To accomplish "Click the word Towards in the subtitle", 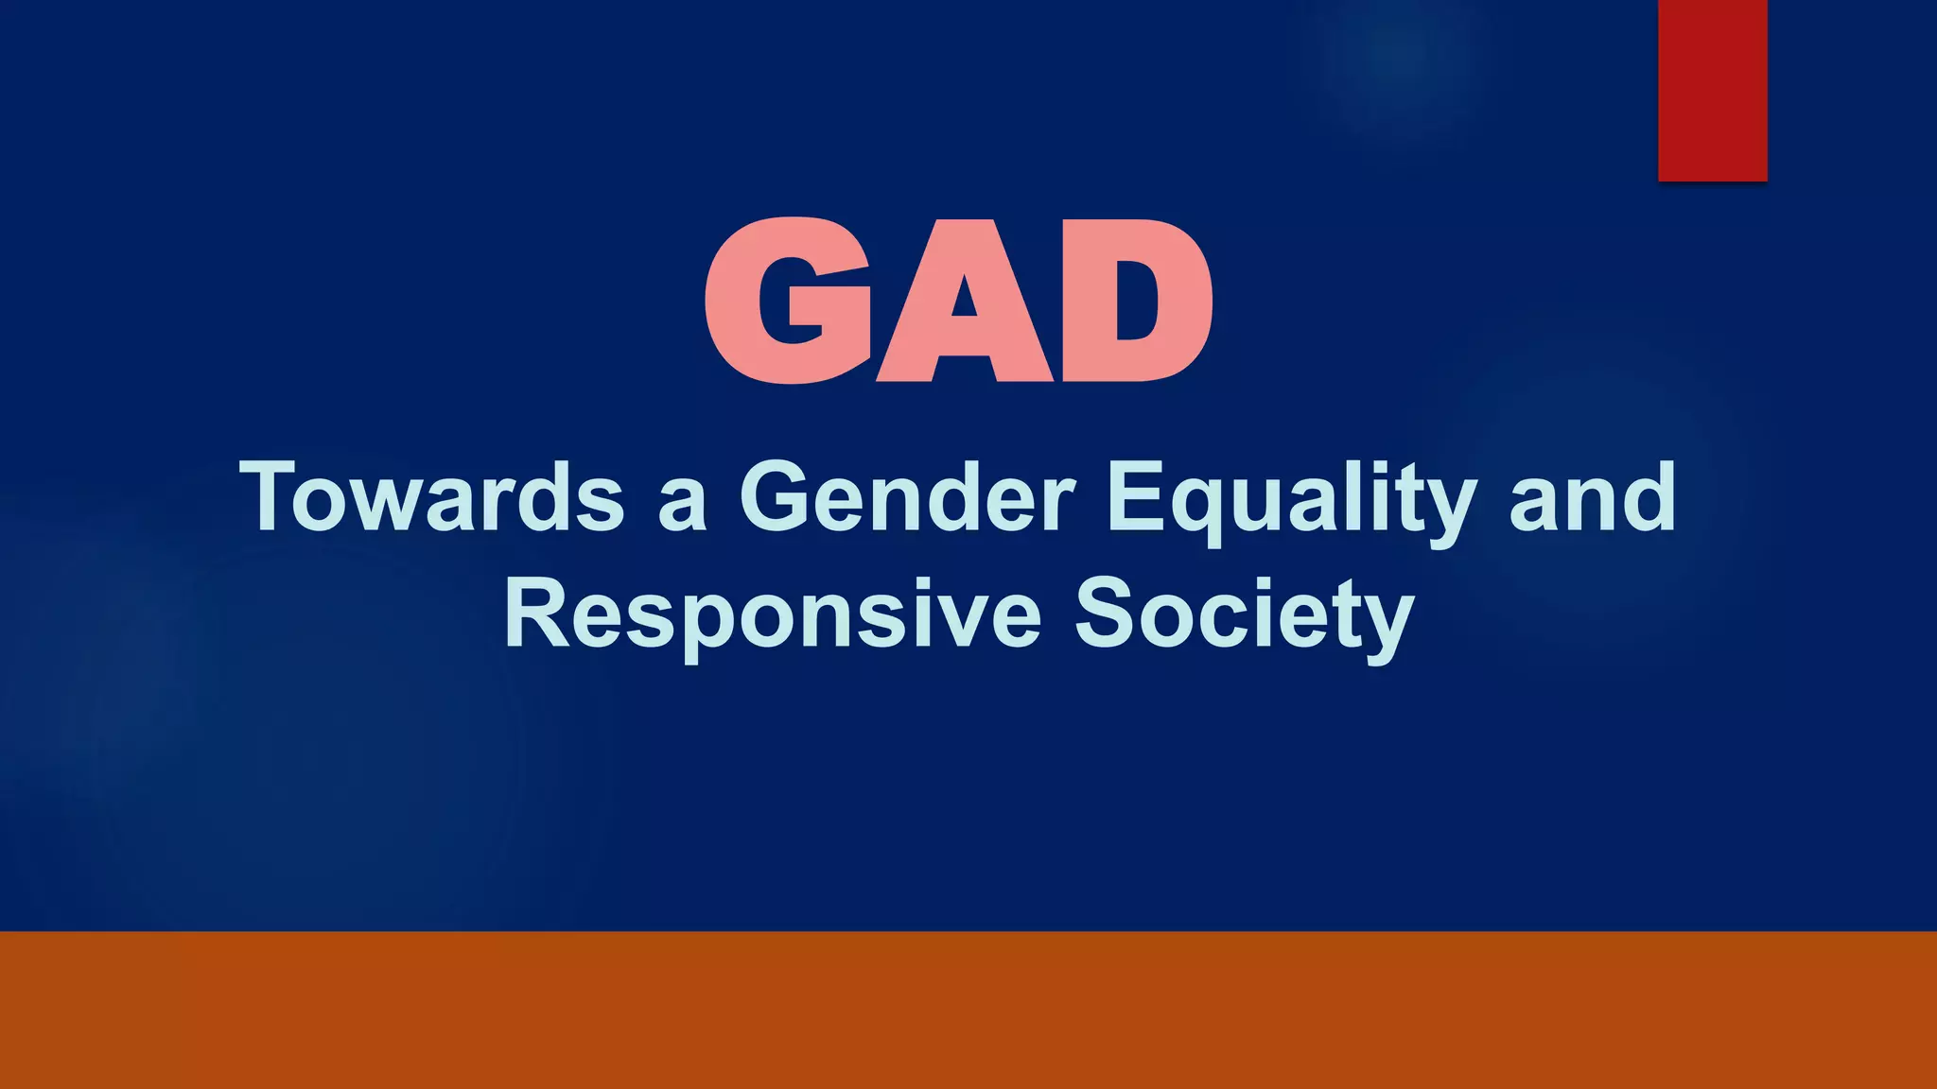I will click(x=432, y=497).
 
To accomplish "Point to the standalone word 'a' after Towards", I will click(x=682, y=507).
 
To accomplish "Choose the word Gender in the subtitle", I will click(x=907, y=497).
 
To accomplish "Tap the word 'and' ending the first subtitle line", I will click(x=1592, y=497).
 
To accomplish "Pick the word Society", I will click(x=1245, y=616).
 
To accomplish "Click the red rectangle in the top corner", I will click(x=1712, y=90).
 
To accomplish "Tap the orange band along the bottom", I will click(x=968, y=1010).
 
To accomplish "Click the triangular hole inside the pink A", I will click(x=964, y=299).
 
